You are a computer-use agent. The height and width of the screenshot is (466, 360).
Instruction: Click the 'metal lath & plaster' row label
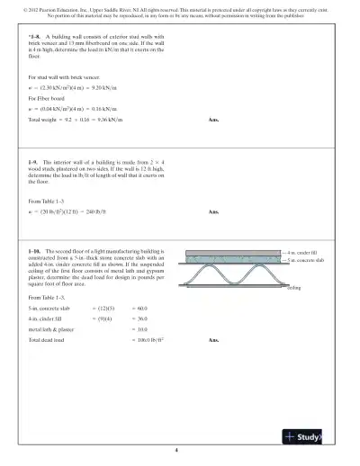tap(52, 330)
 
